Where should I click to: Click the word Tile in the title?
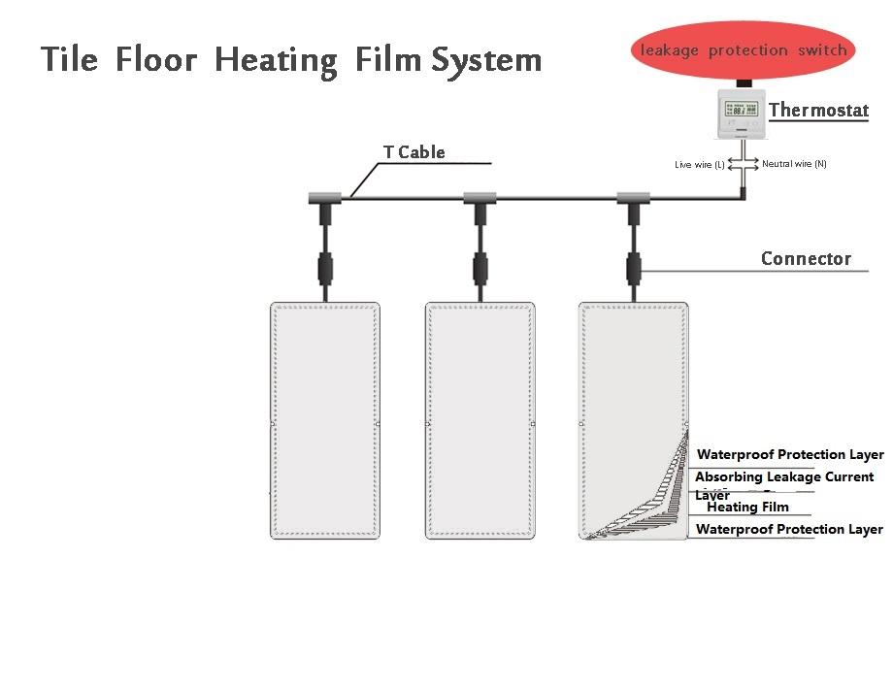click(x=69, y=60)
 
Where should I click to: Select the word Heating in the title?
click(x=276, y=61)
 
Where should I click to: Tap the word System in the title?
click(x=486, y=61)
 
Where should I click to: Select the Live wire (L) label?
click(x=699, y=165)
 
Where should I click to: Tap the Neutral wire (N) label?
click(x=794, y=164)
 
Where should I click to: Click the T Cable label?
click(x=413, y=151)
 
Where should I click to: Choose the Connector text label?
click(x=806, y=258)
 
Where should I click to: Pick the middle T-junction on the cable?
click(x=480, y=199)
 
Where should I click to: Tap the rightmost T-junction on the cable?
click(x=633, y=199)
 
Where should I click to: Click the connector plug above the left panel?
click(x=324, y=265)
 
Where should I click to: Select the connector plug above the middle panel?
click(x=480, y=265)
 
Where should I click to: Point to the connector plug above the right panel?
click(x=633, y=265)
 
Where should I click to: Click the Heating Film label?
click(x=747, y=507)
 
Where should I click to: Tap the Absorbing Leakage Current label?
click(x=784, y=477)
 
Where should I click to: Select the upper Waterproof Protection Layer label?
click(x=790, y=454)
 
